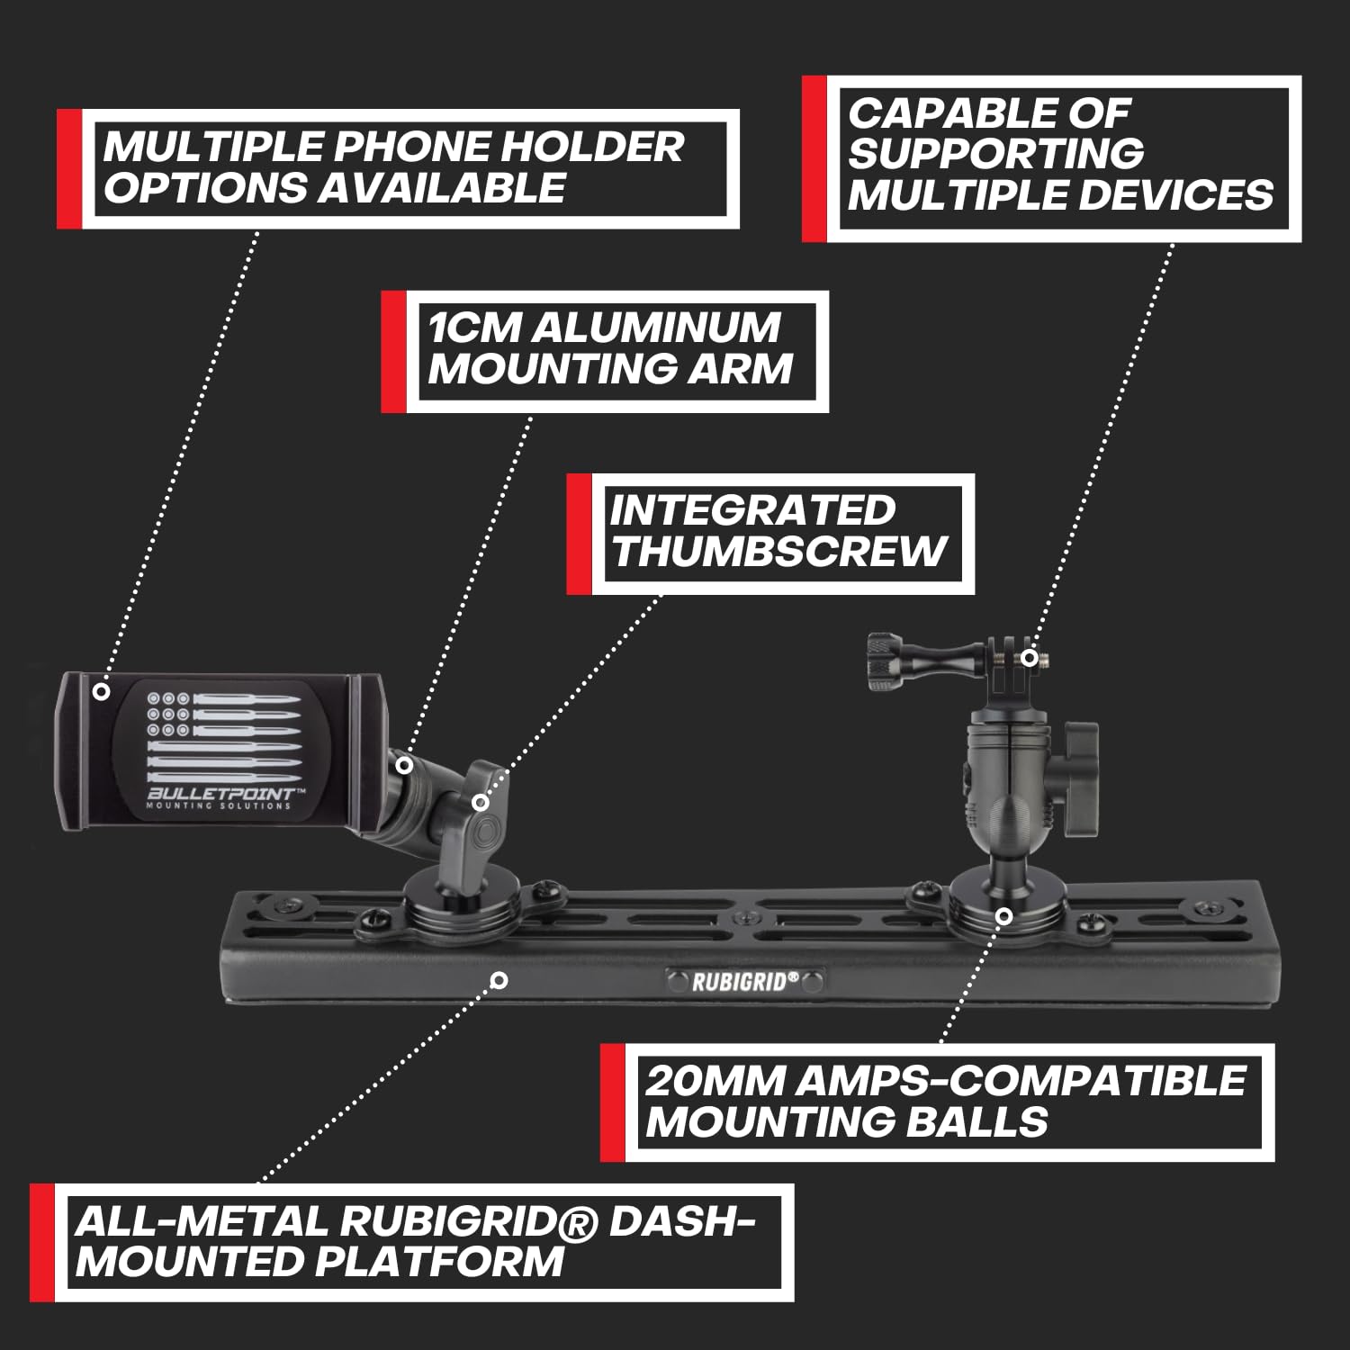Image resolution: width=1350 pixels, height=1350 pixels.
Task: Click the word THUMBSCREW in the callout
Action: pyautogui.click(x=779, y=551)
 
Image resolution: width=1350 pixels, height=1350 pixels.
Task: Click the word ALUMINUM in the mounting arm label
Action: pyautogui.click(x=655, y=328)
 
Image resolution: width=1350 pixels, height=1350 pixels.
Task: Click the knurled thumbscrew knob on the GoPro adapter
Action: pyautogui.click(x=886, y=661)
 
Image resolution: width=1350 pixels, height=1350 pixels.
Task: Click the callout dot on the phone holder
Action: pyautogui.click(x=102, y=691)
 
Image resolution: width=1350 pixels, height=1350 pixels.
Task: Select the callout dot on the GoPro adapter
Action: pyautogui.click(x=1029, y=658)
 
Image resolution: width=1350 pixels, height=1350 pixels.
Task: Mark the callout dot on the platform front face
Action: pyautogui.click(x=500, y=979)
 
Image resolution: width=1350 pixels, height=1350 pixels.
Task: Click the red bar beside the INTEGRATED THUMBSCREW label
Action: pyautogui.click(x=578, y=535)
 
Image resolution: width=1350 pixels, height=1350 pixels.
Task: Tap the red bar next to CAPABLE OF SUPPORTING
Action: pyautogui.click(x=814, y=158)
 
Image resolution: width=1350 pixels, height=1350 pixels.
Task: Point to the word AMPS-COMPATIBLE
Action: pyautogui.click(x=1021, y=1081)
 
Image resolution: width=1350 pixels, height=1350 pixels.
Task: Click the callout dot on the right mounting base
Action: pyautogui.click(x=1004, y=915)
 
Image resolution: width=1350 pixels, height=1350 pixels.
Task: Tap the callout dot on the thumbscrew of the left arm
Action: pyautogui.click(x=481, y=801)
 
